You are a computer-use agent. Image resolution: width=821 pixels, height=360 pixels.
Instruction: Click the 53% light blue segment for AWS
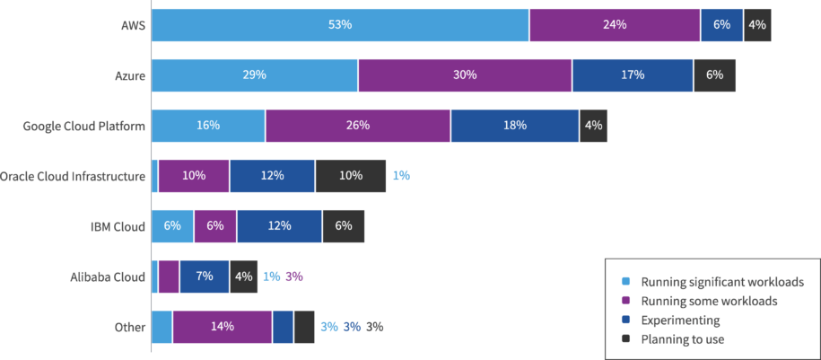[x=340, y=25]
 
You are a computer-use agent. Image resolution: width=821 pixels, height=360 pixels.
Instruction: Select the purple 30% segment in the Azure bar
[x=465, y=75]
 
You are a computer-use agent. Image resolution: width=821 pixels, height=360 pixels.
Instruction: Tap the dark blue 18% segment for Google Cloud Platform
[x=514, y=126]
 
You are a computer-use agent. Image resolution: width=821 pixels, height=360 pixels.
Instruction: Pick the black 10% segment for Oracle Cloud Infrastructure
[x=350, y=176]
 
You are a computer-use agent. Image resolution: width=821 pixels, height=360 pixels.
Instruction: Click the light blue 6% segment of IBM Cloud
[x=172, y=226]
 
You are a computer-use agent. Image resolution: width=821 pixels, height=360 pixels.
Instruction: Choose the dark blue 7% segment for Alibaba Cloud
[x=204, y=277]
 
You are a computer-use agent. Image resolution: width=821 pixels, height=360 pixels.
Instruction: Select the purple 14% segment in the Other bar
[x=222, y=327]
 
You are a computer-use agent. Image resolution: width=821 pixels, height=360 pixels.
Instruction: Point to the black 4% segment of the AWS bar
[x=756, y=25]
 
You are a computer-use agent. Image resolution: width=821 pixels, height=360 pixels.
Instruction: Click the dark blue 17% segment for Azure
[x=633, y=75]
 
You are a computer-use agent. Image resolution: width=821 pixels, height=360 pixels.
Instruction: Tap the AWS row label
[x=133, y=25]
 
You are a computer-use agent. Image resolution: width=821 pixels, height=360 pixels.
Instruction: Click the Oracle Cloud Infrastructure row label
[x=73, y=176]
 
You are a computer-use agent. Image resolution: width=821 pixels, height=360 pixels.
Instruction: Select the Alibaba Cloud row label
[x=108, y=277]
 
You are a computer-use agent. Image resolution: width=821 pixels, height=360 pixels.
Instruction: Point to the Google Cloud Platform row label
[x=84, y=126]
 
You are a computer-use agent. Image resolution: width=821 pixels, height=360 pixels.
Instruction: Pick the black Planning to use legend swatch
[x=626, y=338]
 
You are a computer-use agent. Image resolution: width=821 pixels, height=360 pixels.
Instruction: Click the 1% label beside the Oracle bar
[x=401, y=176]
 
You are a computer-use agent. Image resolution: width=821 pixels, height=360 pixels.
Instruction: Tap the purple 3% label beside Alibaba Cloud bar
[x=293, y=277]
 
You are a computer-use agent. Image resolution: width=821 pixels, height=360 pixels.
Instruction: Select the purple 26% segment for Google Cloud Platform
[x=357, y=126]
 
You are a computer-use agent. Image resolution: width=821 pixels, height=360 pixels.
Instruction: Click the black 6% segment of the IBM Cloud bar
[x=343, y=226]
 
